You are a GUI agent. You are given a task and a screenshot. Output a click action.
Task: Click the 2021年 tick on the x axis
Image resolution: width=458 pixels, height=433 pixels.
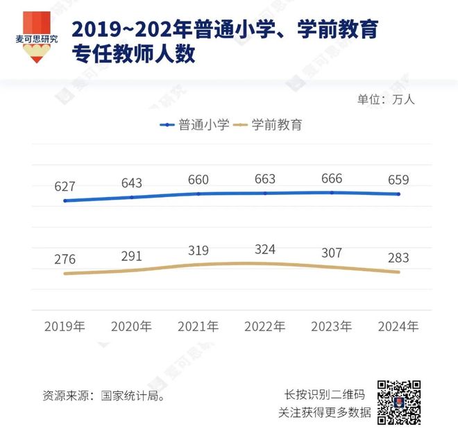point(198,325)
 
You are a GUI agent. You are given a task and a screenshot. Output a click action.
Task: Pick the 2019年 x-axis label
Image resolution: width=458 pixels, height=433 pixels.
point(64,325)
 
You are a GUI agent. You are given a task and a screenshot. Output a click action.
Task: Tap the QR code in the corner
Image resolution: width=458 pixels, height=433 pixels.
point(399,402)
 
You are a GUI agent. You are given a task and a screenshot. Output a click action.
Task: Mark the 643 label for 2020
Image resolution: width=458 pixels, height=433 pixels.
point(131,183)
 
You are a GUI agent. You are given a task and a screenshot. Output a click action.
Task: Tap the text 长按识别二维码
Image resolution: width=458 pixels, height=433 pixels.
point(325,394)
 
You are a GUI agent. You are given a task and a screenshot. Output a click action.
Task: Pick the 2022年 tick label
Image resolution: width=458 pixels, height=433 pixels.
point(265,325)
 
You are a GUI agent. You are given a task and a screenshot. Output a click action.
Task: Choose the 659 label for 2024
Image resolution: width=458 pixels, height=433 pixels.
point(398,180)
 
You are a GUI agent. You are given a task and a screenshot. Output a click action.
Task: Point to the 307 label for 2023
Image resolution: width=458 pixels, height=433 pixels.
point(332,253)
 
